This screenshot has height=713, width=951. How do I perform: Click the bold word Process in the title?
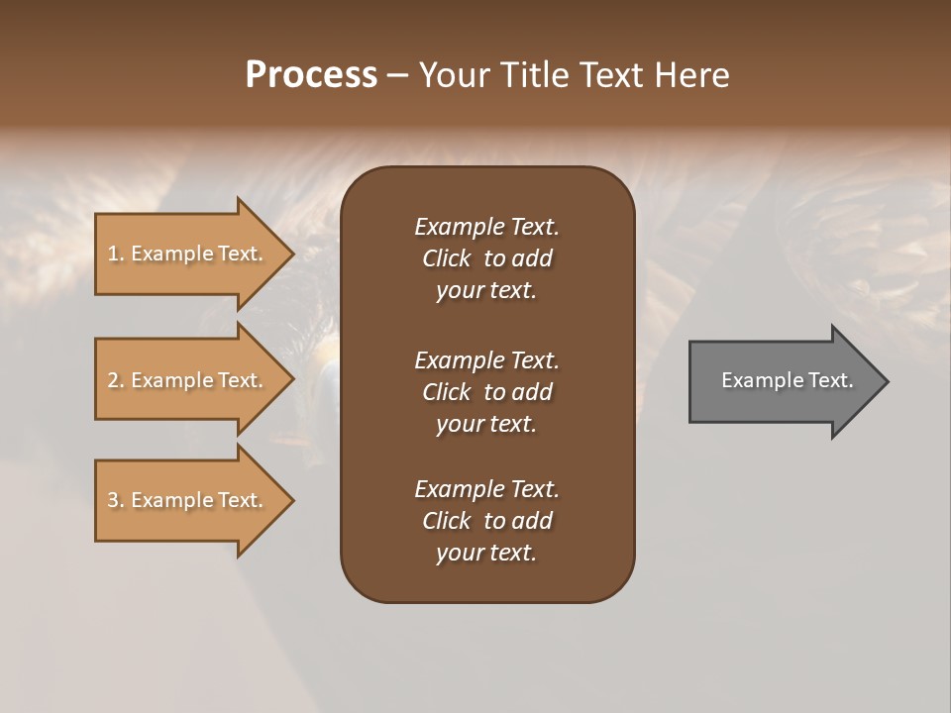point(311,75)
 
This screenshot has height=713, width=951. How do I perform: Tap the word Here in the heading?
point(690,75)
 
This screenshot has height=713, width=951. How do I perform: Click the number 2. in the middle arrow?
point(116,380)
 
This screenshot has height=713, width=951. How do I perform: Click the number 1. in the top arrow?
point(116,254)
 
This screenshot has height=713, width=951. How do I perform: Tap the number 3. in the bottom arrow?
point(116,500)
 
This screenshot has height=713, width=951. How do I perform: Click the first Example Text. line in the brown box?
point(486,227)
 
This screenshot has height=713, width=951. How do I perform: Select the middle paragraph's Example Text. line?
point(486,360)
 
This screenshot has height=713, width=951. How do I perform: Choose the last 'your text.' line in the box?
point(486,553)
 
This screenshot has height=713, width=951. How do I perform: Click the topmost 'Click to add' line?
point(486,258)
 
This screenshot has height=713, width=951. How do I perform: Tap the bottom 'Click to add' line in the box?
point(486,521)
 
